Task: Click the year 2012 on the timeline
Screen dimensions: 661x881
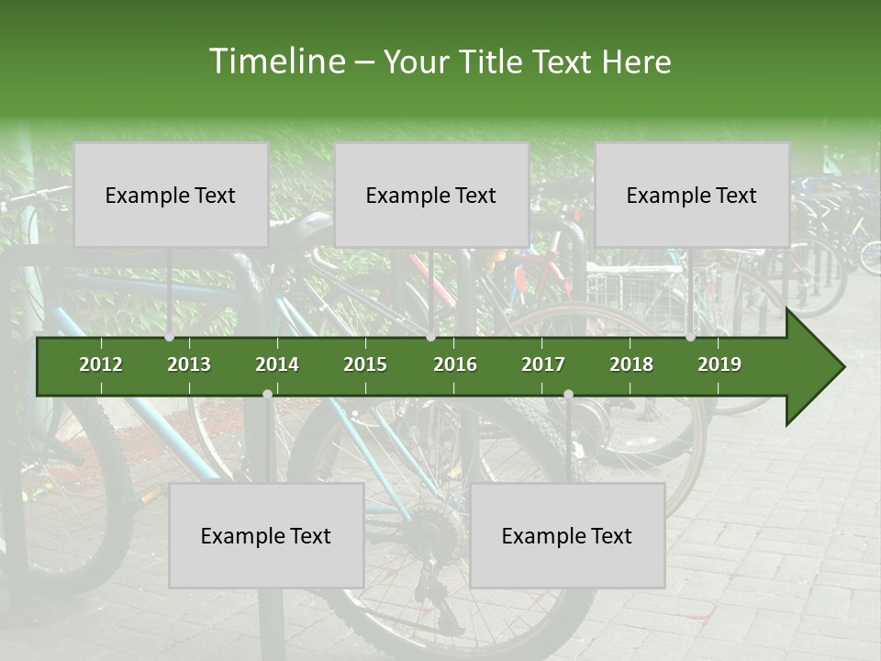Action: pos(101,364)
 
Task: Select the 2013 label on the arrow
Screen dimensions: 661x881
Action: pos(189,364)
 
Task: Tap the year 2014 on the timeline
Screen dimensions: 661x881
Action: pos(277,364)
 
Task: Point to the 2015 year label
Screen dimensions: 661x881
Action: pos(365,364)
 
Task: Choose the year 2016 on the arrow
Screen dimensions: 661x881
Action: pos(455,364)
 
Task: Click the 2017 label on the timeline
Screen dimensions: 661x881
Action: pos(543,364)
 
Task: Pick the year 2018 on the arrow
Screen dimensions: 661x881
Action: pos(631,364)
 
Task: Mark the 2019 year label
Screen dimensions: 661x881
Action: pos(719,364)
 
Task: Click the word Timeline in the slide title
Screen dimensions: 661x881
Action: pos(276,62)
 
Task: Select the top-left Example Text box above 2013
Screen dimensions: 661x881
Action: pos(171,195)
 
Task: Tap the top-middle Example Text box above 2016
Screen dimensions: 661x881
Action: pos(431,195)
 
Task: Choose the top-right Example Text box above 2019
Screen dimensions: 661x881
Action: pos(692,195)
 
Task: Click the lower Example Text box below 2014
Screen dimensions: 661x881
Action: pos(266,535)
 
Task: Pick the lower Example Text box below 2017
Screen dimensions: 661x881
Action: pos(567,535)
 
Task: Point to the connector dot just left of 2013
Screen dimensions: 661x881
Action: pos(170,337)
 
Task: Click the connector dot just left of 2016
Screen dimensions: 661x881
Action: pos(431,337)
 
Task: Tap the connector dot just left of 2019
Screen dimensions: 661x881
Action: pos(691,337)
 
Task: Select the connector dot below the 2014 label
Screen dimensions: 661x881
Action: pos(267,394)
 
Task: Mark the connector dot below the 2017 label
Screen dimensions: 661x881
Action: pos(568,394)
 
